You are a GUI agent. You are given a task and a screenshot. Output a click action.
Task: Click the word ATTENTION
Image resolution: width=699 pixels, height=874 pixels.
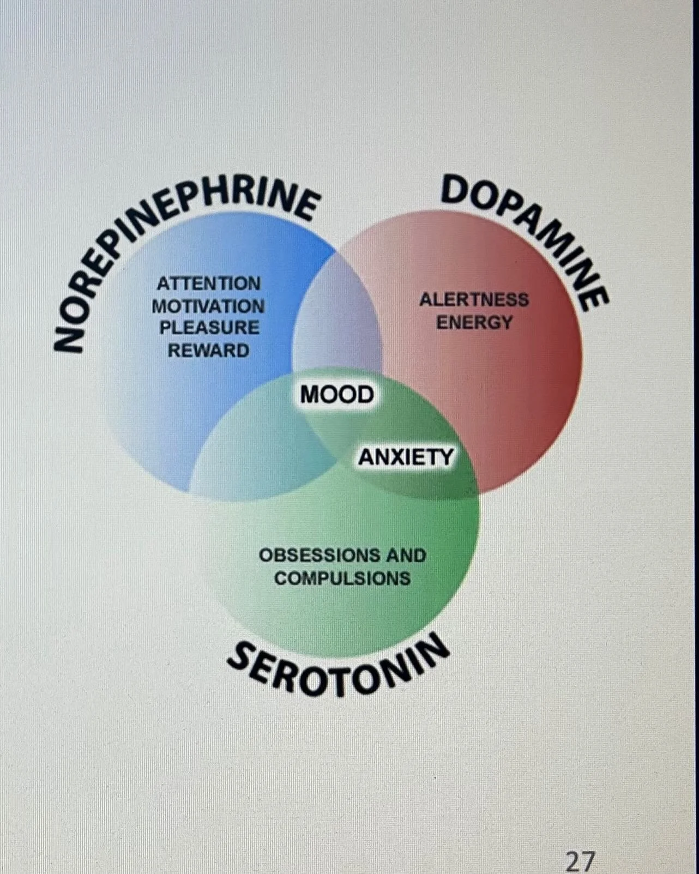[209, 284]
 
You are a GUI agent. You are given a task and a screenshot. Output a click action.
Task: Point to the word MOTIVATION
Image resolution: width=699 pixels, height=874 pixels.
[208, 306]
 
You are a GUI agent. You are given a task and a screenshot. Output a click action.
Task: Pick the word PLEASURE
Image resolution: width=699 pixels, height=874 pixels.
[209, 328]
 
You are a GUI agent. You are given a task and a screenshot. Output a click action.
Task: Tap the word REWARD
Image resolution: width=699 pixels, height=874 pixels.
[208, 350]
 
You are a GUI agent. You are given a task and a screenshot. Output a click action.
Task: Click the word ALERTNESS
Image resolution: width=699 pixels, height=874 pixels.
[474, 299]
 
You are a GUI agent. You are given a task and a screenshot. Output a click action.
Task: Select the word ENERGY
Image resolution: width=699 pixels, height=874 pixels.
[474, 322]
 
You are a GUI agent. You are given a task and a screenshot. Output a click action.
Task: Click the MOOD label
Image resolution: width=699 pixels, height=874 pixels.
[337, 394]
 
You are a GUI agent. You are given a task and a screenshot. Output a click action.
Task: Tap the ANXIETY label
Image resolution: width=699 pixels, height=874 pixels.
[406, 457]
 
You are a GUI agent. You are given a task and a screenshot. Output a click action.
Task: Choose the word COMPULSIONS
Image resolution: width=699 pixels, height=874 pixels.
[342, 578]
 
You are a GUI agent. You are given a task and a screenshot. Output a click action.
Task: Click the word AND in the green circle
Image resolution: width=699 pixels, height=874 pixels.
[406, 556]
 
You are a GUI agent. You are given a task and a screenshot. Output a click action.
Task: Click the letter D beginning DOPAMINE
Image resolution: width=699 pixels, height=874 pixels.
[455, 191]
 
